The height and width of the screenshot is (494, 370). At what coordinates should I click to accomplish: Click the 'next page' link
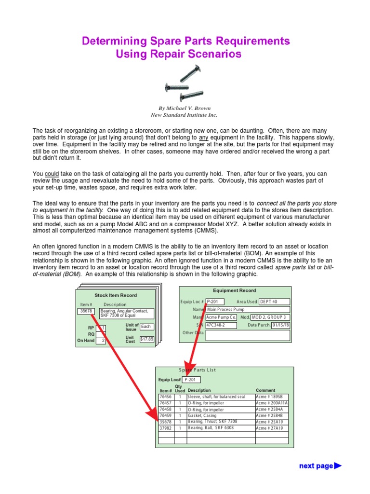point(320,466)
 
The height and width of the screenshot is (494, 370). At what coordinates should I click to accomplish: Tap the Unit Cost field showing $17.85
point(146,339)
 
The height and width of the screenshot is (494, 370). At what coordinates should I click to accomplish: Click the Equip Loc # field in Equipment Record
point(214,302)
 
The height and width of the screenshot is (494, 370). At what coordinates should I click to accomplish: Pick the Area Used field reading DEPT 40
point(274,302)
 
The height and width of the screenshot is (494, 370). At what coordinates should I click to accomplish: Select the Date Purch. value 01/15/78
point(280,325)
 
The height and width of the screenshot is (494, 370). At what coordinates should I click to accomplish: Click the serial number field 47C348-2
point(221,325)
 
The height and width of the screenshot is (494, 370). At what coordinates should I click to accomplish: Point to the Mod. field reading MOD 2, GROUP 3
point(271,317)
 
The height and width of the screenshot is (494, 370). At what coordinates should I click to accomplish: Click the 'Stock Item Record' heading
point(116,295)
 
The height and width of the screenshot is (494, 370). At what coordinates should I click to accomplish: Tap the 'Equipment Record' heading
point(235,291)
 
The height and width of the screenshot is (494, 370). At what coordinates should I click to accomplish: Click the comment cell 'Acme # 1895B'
point(272,397)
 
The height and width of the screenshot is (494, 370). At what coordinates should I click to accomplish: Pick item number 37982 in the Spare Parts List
point(166,428)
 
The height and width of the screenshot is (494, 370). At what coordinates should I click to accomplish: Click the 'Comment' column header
point(265,390)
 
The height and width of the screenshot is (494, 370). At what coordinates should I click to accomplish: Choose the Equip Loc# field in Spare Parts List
point(191,380)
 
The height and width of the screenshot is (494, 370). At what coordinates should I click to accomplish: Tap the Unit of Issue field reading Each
point(146,327)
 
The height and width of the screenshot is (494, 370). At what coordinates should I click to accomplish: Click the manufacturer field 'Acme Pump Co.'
point(221,317)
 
